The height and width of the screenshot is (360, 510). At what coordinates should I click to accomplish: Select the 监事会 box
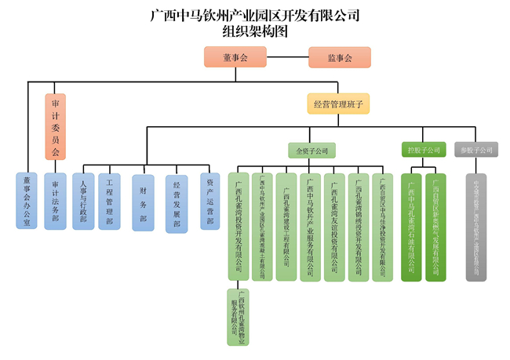coord(339,57)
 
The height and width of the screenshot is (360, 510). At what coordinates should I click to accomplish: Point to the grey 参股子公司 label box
coord(477,149)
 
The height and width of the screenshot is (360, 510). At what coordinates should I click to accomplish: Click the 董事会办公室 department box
coord(27,200)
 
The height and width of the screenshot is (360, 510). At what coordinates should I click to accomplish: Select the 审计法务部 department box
coord(55,200)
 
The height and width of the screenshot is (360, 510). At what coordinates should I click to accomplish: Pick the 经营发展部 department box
coord(177,203)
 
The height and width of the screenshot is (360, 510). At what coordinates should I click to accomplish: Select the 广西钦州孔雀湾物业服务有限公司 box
coord(238,317)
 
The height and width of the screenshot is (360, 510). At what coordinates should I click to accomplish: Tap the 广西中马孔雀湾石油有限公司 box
coord(412,227)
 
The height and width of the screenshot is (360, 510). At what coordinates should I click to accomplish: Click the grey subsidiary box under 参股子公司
coord(476,227)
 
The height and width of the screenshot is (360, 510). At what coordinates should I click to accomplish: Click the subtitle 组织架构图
coord(254,32)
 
